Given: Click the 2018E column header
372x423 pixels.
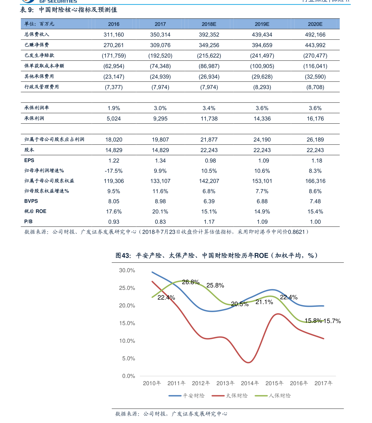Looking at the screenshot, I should pos(209,24).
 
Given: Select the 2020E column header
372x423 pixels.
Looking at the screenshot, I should pos(315,24).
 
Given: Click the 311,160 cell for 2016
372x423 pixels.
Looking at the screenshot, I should pos(114,35).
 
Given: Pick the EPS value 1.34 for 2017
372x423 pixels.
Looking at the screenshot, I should pos(160,161).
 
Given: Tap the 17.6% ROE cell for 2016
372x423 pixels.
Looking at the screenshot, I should pos(114,211).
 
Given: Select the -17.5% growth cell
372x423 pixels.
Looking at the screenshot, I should pos(114,171).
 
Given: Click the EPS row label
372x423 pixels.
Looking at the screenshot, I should pos(29,160).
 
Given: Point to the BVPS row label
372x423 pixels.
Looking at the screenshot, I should pos(31,201).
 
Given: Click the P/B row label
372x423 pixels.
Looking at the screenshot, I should pos(28,221).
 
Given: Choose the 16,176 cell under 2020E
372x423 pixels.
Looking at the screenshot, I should pos(315,119).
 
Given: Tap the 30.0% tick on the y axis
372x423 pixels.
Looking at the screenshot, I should pos(127,271).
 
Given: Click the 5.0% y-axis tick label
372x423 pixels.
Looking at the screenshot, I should pos(129,359).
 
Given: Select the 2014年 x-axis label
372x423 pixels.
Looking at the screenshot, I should pos(250,383).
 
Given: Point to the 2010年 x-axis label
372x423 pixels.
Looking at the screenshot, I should pos(152,383).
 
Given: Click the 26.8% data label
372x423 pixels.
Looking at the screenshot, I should pos(191,282).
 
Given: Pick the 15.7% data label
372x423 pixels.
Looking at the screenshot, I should pos(332,321).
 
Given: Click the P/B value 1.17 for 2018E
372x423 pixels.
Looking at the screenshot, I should pos(209,222).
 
